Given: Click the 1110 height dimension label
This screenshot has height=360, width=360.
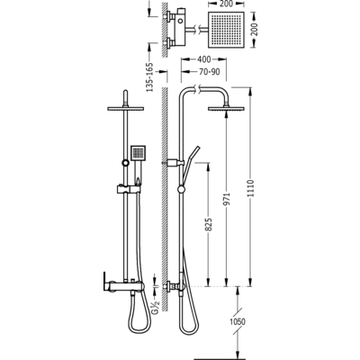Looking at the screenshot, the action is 251,188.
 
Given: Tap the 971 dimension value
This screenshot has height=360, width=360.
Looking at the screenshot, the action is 227,199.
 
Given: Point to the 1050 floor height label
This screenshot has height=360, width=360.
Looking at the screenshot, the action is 238,322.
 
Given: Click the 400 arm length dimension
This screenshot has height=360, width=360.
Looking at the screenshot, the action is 203,59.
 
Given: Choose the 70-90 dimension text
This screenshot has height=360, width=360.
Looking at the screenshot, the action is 209,72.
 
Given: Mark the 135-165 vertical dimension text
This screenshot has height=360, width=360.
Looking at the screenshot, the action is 149,77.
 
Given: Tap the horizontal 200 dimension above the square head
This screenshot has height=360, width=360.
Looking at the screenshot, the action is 225,4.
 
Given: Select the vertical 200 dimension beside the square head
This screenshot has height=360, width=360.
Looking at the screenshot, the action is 255,29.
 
